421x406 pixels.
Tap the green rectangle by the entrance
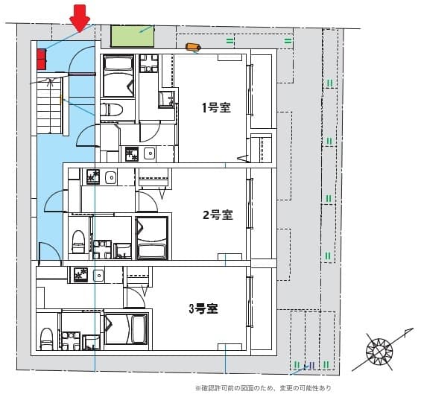click(132, 36)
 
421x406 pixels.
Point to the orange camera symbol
click(194, 48)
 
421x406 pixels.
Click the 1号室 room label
click(215, 107)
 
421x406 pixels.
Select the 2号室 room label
click(218, 215)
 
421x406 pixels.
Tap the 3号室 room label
click(202, 308)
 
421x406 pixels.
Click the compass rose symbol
click(379, 350)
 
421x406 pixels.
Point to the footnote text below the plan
click(262, 388)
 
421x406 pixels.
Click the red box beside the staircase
click(40, 58)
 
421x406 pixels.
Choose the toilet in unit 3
click(47, 337)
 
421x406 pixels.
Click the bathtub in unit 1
click(117, 73)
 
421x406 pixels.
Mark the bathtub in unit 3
click(127, 329)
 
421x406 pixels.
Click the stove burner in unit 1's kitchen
click(131, 155)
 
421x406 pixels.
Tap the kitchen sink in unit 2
click(110, 177)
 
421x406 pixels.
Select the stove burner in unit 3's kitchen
click(80, 275)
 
